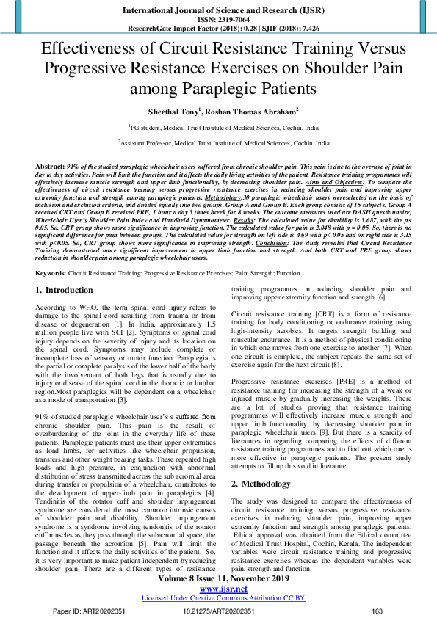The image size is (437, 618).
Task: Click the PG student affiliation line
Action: [x=218, y=127]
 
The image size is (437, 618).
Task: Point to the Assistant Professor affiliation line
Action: [x=218, y=144]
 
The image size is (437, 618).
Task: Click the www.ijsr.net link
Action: [x=218, y=589]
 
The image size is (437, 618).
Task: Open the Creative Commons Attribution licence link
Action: [x=218, y=598]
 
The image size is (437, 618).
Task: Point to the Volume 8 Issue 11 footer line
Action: [x=218, y=578]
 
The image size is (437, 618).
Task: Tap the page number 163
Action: [x=378, y=611]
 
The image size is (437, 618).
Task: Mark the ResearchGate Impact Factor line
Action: [x=218, y=28]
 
